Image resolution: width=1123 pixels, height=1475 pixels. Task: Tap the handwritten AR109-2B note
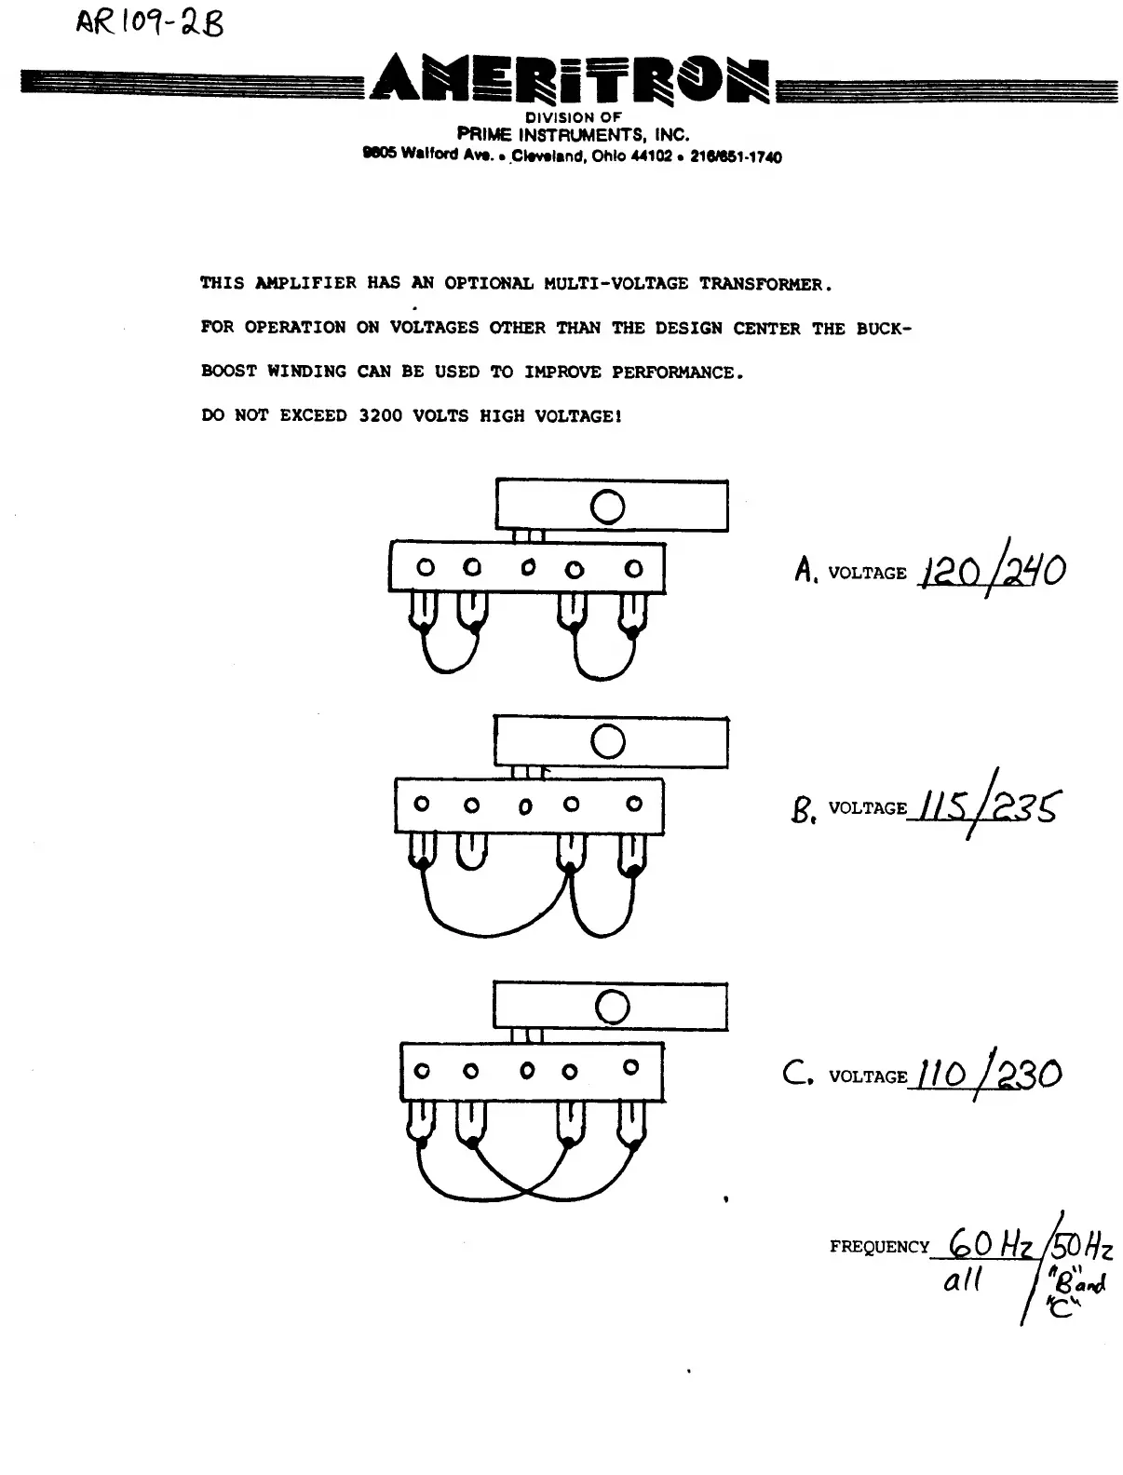tap(149, 22)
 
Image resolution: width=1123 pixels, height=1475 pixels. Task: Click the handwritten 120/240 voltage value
tap(992, 571)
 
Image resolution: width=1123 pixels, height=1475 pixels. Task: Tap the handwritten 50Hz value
tap(1081, 1245)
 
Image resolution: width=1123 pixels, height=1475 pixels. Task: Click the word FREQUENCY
tap(879, 1247)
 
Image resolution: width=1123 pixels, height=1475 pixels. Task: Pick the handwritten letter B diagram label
tap(802, 807)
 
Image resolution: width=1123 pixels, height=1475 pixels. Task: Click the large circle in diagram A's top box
tap(607, 507)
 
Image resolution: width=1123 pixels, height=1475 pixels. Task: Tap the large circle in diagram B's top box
tap(608, 742)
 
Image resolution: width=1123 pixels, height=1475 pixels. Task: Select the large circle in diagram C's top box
tap(612, 1007)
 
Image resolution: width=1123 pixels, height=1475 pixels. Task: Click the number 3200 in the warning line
tap(381, 416)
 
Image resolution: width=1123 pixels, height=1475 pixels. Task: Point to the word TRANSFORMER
tap(764, 284)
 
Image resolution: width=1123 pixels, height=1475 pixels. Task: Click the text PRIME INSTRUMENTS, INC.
tap(573, 135)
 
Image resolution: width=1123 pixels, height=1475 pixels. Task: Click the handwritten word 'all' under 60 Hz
tap(963, 1281)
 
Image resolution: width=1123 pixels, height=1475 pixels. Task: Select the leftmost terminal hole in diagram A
tap(425, 567)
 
